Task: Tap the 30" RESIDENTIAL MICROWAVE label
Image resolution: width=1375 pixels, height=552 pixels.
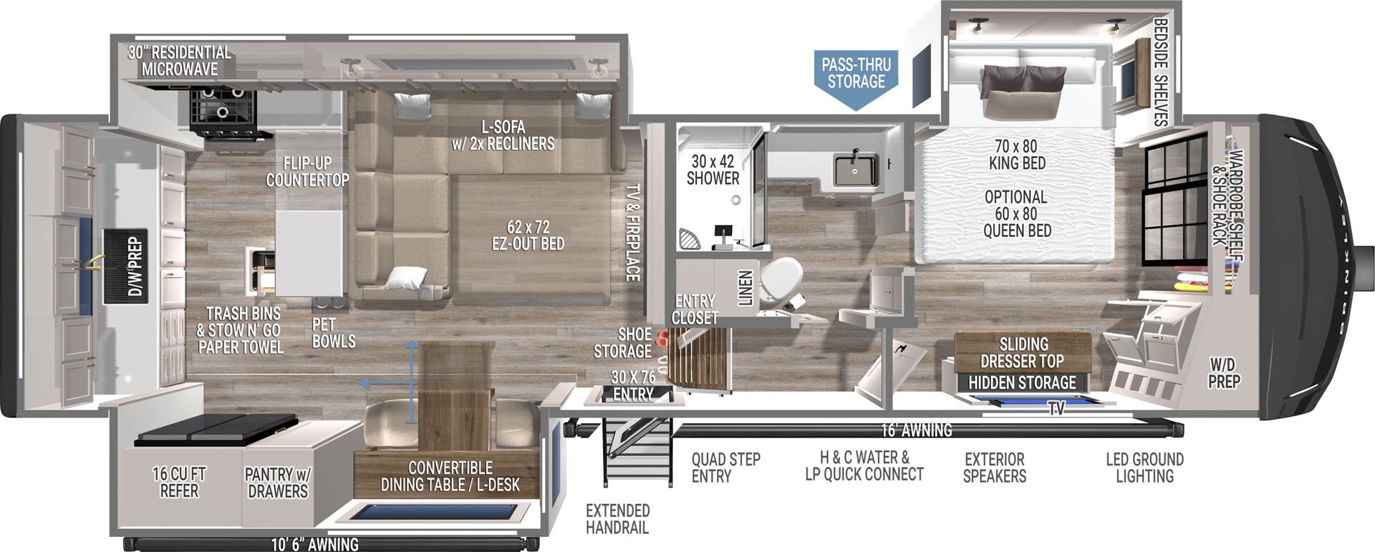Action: point(180,61)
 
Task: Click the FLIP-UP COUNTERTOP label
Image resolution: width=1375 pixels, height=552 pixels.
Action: point(307,171)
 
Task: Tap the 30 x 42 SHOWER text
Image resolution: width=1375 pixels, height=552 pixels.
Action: point(713,170)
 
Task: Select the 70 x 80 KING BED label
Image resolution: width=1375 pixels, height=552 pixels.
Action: point(1016,155)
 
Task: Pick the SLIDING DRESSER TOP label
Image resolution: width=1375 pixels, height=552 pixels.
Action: point(1022,352)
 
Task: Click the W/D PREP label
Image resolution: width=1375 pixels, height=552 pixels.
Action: point(1224,373)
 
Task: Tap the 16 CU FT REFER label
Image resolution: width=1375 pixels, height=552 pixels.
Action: point(179,482)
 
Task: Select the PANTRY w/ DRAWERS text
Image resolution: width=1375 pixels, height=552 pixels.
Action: point(278,483)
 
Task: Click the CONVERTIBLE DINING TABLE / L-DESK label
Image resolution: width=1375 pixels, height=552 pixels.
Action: point(450,476)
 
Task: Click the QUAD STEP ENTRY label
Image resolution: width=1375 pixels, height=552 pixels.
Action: point(725,467)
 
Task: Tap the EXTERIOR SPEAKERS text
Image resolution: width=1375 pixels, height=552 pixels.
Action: point(994,467)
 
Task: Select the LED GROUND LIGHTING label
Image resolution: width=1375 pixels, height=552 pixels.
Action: point(1144,467)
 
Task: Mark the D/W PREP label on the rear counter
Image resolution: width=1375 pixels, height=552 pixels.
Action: point(135,267)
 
